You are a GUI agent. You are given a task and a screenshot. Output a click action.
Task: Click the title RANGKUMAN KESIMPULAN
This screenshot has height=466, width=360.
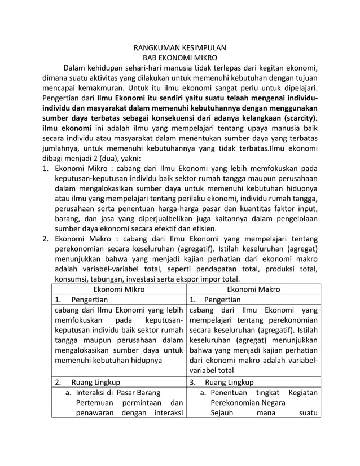[x=179, y=49]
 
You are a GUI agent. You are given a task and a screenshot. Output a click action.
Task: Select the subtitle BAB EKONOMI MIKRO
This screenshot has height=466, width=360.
[x=179, y=59]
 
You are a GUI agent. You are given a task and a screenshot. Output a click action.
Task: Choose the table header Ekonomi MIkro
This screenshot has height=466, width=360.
[x=118, y=289]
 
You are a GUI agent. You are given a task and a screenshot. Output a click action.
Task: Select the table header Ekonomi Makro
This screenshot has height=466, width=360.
[x=253, y=289]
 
